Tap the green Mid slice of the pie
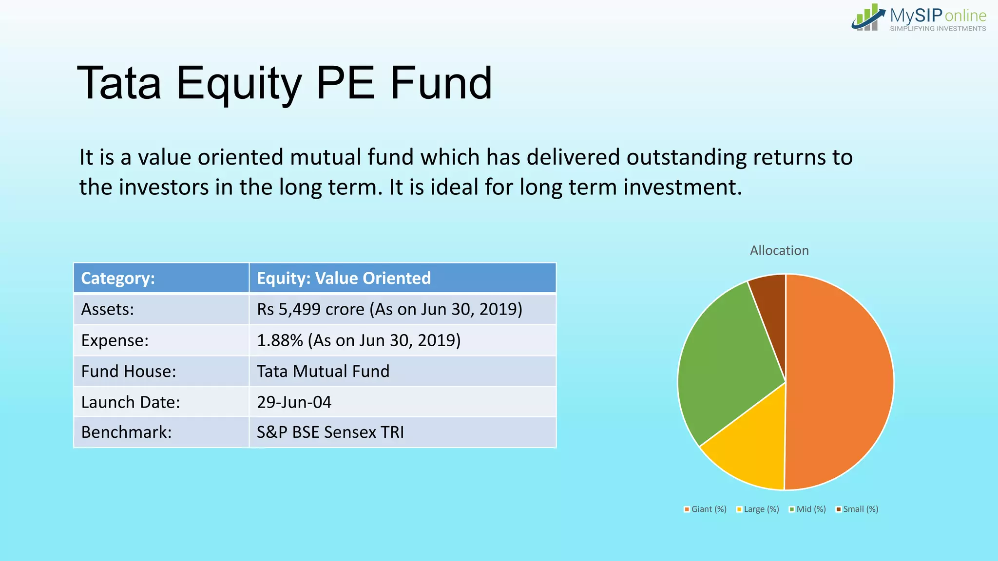click(x=726, y=360)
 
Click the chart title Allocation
click(x=779, y=251)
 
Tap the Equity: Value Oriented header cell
click(x=344, y=278)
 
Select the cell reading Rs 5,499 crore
click(x=389, y=309)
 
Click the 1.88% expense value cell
click(x=358, y=340)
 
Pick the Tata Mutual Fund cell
click(x=323, y=372)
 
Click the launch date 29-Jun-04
click(x=294, y=402)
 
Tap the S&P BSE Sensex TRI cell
click(x=330, y=432)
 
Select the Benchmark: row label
click(x=127, y=432)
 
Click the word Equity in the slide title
click(x=239, y=84)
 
